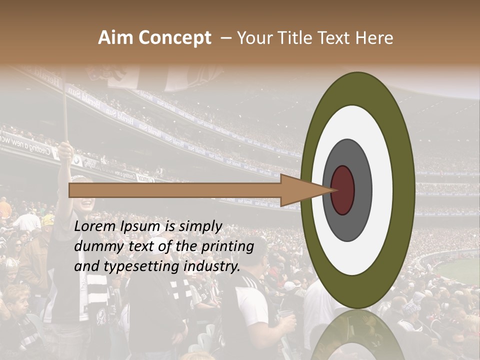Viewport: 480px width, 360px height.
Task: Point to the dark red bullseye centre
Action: (x=343, y=190)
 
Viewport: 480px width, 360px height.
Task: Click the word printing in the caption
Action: (x=227, y=247)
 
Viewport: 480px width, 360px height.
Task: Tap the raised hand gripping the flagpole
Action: (x=65, y=150)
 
